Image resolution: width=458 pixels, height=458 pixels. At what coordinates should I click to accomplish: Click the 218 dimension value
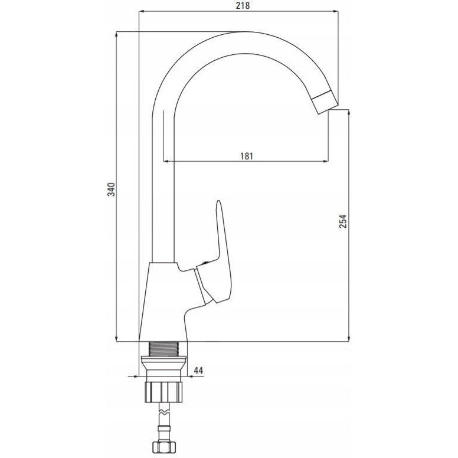[x=243, y=5]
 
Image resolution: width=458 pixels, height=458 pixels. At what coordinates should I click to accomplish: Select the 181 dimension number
[x=247, y=156]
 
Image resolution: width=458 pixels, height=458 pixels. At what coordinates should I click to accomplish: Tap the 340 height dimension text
[x=112, y=189]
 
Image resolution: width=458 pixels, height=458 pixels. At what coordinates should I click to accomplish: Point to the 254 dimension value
[x=343, y=221]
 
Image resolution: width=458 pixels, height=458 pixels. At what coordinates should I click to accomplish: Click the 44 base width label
[x=198, y=371]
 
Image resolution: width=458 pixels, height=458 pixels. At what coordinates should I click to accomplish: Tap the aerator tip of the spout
[x=325, y=102]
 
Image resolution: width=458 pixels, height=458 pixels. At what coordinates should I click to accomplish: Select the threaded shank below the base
[x=163, y=348]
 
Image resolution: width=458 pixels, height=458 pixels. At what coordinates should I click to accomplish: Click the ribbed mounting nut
[x=163, y=392]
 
